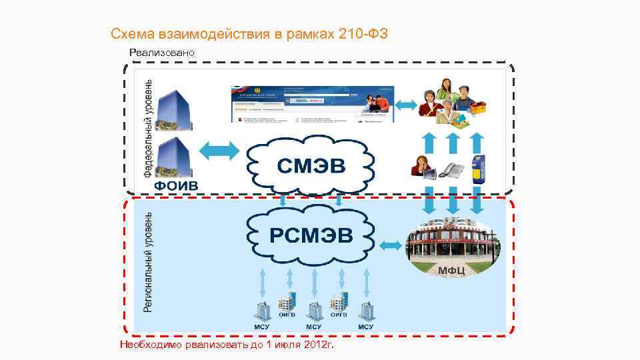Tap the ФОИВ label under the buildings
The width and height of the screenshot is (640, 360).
click(x=176, y=185)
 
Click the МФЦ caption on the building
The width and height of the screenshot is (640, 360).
click(x=451, y=269)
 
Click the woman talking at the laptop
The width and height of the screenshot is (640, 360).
click(x=423, y=167)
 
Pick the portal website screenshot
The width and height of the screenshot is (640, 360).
click(x=313, y=104)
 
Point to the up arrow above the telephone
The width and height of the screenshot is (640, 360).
click(x=452, y=142)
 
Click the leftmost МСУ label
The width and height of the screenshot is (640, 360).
click(x=261, y=327)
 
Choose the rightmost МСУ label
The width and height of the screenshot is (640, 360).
click(x=365, y=327)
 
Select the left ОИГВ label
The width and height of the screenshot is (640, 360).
click(x=287, y=314)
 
